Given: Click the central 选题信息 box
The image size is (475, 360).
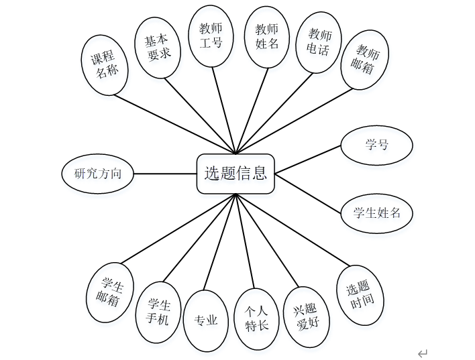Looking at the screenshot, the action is (235, 174).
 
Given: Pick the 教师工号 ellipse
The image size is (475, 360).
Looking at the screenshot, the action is (211, 36).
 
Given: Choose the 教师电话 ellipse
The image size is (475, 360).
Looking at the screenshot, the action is (319, 42).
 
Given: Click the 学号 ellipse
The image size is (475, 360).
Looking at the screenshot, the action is (376, 145).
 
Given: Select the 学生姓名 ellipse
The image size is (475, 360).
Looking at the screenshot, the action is (376, 213).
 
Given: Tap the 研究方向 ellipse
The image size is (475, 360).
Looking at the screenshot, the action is (97, 174).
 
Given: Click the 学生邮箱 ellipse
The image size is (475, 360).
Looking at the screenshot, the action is (110, 292).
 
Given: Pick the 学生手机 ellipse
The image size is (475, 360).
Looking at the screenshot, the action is (158, 312).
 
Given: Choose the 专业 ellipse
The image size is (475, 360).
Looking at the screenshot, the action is (206, 320).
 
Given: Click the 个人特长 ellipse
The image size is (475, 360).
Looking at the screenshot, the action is (256, 319).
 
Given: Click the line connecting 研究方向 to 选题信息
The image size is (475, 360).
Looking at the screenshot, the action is (164, 174).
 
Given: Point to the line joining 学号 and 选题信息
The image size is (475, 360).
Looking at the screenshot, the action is (309, 159).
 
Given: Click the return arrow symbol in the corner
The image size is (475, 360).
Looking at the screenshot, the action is (422, 353).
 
